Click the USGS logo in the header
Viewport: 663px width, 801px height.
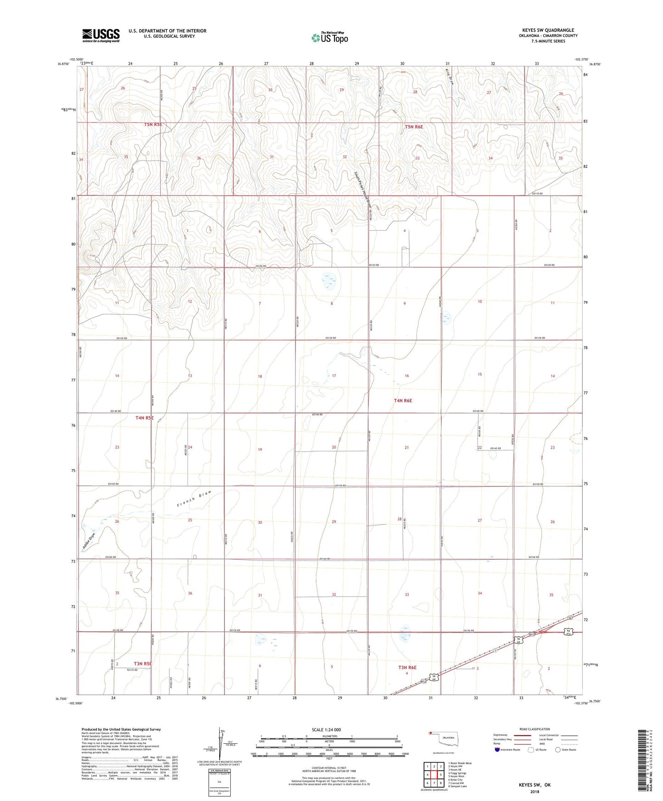[100, 35]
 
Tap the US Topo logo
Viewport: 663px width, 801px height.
[329, 38]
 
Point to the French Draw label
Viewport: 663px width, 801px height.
[194, 499]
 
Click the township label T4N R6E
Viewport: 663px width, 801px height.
[403, 400]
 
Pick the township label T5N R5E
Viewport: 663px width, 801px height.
[153, 124]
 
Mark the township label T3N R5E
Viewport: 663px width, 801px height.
[143, 663]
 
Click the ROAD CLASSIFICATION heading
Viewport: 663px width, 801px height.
[535, 729]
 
